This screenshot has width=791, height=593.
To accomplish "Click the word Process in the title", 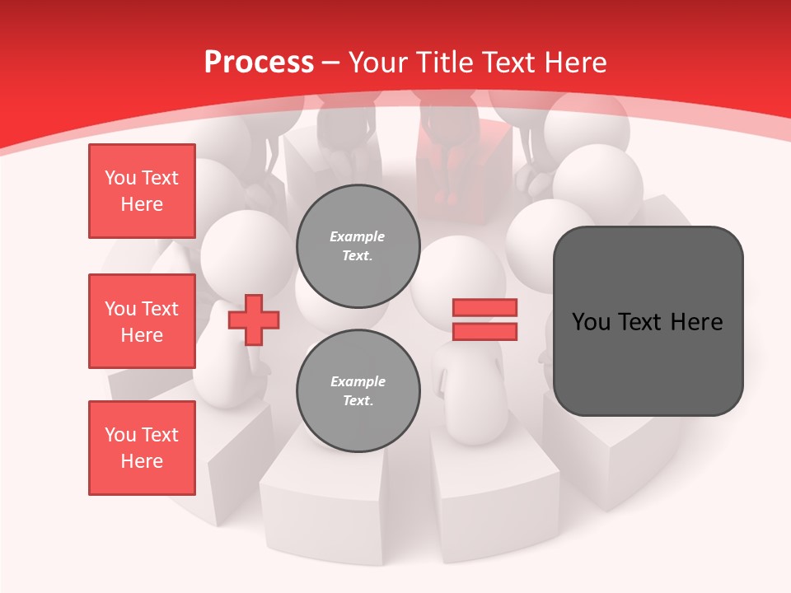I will pyautogui.click(x=259, y=63).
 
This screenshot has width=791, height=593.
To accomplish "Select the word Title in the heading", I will pyautogui.click(x=441, y=63).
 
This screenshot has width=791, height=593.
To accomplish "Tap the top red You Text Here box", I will pyautogui.click(x=142, y=191).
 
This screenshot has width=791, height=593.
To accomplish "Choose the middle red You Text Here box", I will pyautogui.click(x=142, y=321).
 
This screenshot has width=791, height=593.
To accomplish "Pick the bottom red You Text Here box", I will pyautogui.click(x=142, y=448).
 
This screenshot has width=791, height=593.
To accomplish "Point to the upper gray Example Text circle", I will pyautogui.click(x=358, y=246).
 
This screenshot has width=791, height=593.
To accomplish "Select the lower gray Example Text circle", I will pyautogui.click(x=358, y=391).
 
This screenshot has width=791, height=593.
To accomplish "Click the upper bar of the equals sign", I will pyautogui.click(x=484, y=308).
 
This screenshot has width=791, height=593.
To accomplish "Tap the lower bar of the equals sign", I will pyautogui.click(x=484, y=331).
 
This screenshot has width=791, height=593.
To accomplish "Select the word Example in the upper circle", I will pyautogui.click(x=358, y=236).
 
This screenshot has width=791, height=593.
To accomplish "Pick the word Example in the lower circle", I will pyautogui.click(x=358, y=381).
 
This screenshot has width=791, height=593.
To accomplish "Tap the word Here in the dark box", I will pyautogui.click(x=697, y=322).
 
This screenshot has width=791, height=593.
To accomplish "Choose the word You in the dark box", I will pyautogui.click(x=592, y=322).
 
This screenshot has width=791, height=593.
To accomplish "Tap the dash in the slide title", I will pyautogui.click(x=331, y=63).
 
